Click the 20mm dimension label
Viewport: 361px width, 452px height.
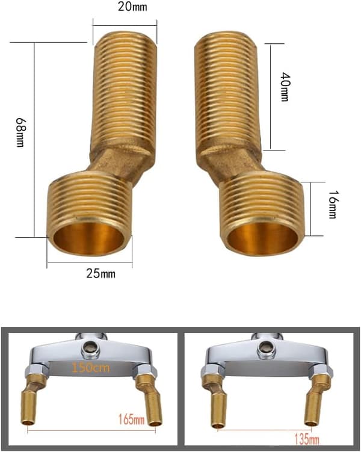(132, 7)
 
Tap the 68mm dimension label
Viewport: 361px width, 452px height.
(20, 132)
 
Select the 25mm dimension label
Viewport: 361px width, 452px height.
(100, 273)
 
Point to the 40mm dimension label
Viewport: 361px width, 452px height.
(285, 87)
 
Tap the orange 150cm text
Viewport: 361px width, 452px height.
(90, 368)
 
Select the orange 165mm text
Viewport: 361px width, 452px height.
(132, 419)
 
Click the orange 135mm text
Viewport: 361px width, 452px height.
(306, 439)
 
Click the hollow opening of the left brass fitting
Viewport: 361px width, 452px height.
(89, 238)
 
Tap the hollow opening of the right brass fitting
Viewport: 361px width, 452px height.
(262, 238)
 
